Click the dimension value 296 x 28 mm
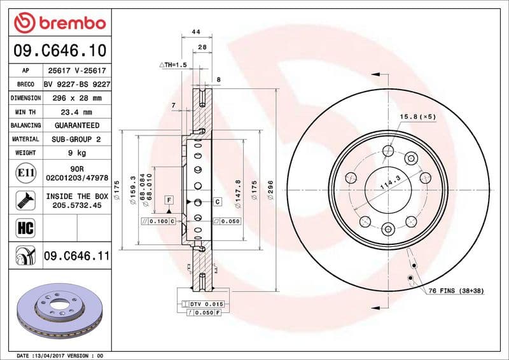click(x=76, y=98)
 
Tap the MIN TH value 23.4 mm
click(x=76, y=112)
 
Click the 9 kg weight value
click(x=76, y=153)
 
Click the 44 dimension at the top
click(x=196, y=32)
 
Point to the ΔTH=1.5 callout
click(x=172, y=65)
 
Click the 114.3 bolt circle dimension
click(x=387, y=185)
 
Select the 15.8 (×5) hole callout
click(x=417, y=117)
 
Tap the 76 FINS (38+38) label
click(x=456, y=291)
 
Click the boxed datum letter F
click(x=169, y=200)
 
